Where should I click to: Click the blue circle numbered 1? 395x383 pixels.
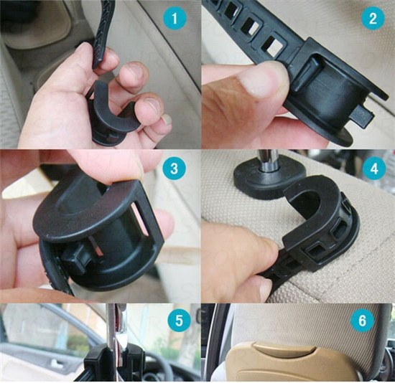coord(175,19)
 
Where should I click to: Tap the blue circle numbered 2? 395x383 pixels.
coord(373,19)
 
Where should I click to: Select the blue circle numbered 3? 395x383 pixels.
coord(175,169)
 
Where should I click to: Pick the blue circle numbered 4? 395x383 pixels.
coord(374,169)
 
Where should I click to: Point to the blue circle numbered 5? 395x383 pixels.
coord(179,321)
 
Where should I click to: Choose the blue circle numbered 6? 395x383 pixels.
coord(362,321)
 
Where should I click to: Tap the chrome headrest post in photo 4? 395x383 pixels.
coord(269,161)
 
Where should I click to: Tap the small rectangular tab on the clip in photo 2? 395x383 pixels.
coord(361,115)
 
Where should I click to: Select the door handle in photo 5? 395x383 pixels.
coord(56,363)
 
